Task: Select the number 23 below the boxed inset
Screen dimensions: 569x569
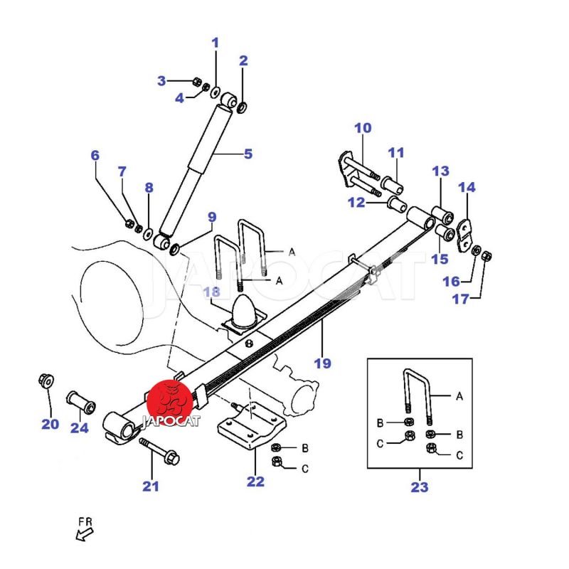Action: tap(420, 487)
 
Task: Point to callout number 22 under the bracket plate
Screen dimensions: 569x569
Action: tap(255, 482)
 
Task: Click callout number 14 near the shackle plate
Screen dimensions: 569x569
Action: tap(467, 188)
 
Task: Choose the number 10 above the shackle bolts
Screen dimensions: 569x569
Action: tap(363, 128)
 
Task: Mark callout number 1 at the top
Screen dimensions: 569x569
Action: tap(216, 43)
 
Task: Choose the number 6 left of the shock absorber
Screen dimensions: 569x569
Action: tap(95, 155)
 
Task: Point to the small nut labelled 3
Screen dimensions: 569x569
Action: tap(197, 81)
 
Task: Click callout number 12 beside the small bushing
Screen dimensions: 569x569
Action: tap(356, 203)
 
